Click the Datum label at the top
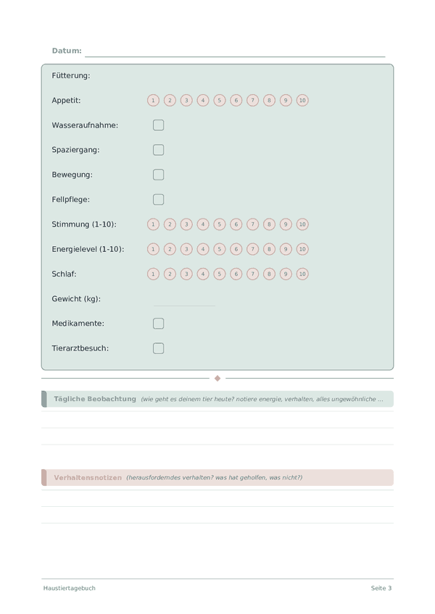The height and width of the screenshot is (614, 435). point(67,51)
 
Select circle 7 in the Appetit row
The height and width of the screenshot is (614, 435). point(253,101)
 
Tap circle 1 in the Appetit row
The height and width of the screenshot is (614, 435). point(153,101)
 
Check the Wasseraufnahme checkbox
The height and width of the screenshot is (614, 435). point(159,125)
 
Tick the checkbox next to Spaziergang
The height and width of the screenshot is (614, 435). point(159,150)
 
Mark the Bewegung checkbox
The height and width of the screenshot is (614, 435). point(159,174)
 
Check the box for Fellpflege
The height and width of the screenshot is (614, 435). point(159,199)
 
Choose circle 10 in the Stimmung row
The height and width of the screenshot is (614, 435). point(302,224)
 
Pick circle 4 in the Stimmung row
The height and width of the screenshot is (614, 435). point(203,224)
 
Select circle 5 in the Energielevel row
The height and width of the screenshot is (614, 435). point(220,249)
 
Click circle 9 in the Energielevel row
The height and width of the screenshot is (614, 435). point(286,249)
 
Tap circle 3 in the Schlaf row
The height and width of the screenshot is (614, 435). point(186,274)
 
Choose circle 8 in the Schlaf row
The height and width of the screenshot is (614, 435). point(269,274)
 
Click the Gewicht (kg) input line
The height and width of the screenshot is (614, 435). point(184,303)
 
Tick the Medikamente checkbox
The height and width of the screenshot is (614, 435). point(159,324)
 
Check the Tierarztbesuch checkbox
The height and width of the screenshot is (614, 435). point(159,348)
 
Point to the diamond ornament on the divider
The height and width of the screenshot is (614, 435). point(217,378)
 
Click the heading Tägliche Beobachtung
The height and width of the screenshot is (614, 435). point(95,399)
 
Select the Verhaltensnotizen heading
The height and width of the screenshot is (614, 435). point(88,478)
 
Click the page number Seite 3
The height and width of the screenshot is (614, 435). point(381,588)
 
